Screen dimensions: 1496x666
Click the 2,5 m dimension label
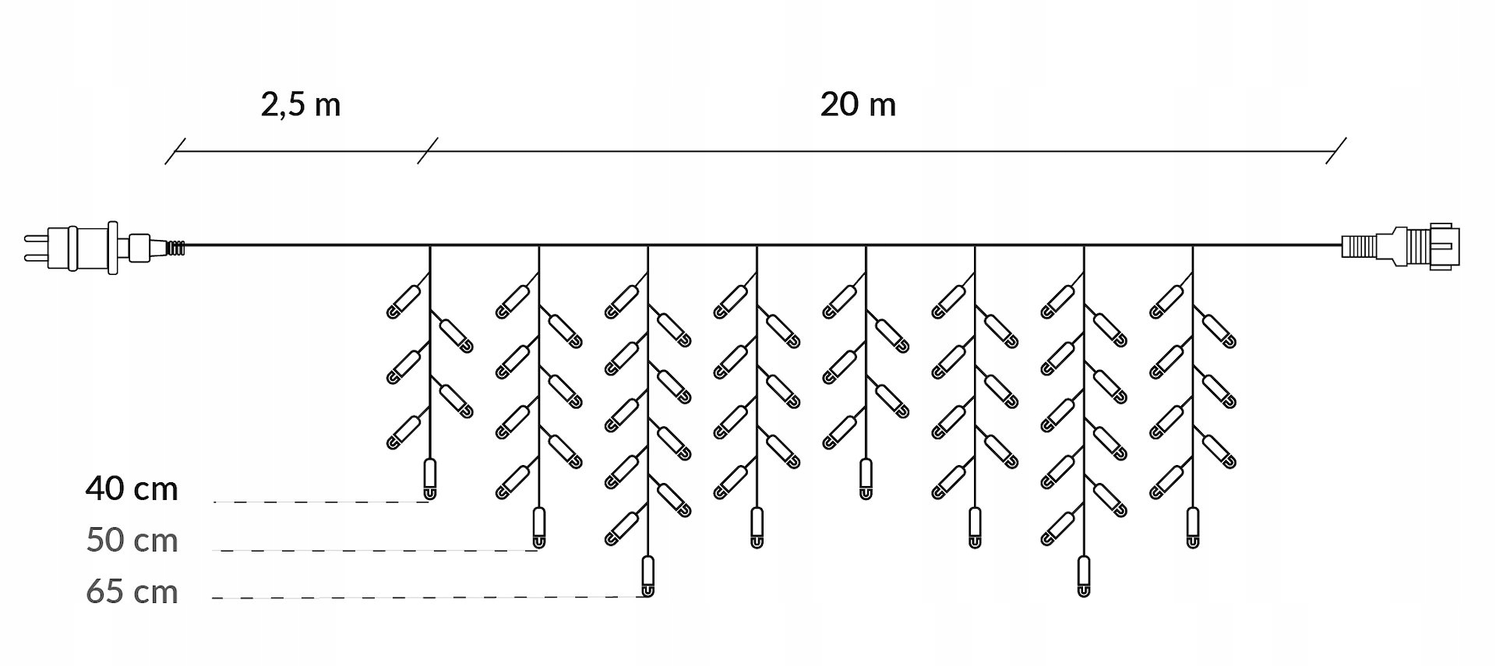pyautogui.click(x=301, y=104)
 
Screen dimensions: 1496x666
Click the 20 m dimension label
pyautogui.click(x=858, y=104)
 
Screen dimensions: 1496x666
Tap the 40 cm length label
pyautogui.click(x=132, y=489)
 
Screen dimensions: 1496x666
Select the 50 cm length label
pyautogui.click(x=132, y=540)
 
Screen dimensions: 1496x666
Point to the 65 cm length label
pyautogui.click(x=132, y=592)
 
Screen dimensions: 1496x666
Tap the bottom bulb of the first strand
pyautogui.click(x=429, y=479)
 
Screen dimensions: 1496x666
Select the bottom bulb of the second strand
pyautogui.click(x=538, y=527)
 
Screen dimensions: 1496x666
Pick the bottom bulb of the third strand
pyautogui.click(x=647, y=576)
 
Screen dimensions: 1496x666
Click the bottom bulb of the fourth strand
pyautogui.click(x=757, y=527)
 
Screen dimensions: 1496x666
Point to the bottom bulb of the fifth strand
pyautogui.click(x=866, y=479)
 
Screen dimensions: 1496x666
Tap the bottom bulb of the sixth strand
pyautogui.click(x=975, y=527)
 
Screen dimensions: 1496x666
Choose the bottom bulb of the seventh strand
pyautogui.click(x=1084, y=576)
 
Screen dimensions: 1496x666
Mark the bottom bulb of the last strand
pyautogui.click(x=1193, y=527)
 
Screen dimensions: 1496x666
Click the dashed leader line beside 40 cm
pyautogui.click(x=319, y=502)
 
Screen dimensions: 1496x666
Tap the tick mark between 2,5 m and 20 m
pyautogui.click(x=428, y=151)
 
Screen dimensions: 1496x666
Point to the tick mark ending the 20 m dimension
pyautogui.click(x=1336, y=151)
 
